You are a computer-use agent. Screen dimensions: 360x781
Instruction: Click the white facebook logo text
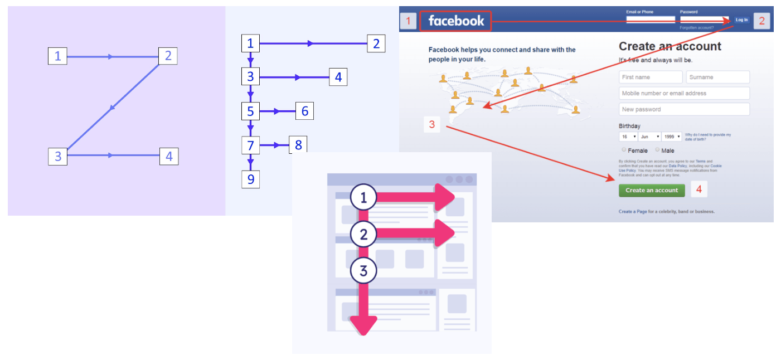pyautogui.click(x=456, y=21)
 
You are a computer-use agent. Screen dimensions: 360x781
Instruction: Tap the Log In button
pyautogui.click(x=741, y=20)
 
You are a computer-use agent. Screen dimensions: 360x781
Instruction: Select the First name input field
pyautogui.click(x=651, y=77)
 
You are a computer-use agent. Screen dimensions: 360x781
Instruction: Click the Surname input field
pyautogui.click(x=718, y=77)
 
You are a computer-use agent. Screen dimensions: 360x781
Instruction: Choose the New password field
pyautogui.click(x=684, y=109)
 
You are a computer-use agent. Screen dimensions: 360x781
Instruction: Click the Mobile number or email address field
pyautogui.click(x=684, y=93)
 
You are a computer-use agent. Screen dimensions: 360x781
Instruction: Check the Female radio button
pyautogui.click(x=624, y=150)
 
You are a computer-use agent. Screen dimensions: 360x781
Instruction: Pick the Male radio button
pyautogui.click(x=657, y=150)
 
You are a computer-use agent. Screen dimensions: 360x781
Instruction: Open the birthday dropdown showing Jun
pyautogui.click(x=650, y=137)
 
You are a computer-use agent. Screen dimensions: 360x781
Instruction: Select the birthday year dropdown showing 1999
pyautogui.click(x=671, y=137)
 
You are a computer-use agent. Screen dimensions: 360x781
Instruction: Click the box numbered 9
pyautogui.click(x=250, y=179)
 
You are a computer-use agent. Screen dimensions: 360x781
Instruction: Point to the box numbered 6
pyautogui.click(x=304, y=111)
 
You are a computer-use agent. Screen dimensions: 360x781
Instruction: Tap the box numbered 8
pyautogui.click(x=298, y=145)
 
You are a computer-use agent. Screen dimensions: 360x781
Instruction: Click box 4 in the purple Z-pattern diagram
pyautogui.click(x=169, y=157)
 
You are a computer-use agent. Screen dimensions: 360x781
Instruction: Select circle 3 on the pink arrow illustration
pyautogui.click(x=363, y=271)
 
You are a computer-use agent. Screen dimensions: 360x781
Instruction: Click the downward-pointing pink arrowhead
pyautogui.click(x=363, y=325)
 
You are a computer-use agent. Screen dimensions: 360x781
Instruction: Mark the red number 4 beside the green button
pyautogui.click(x=698, y=189)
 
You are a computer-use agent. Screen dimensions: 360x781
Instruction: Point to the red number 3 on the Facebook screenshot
pyautogui.click(x=432, y=124)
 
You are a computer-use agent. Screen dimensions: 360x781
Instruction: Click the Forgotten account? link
pyautogui.click(x=696, y=27)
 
